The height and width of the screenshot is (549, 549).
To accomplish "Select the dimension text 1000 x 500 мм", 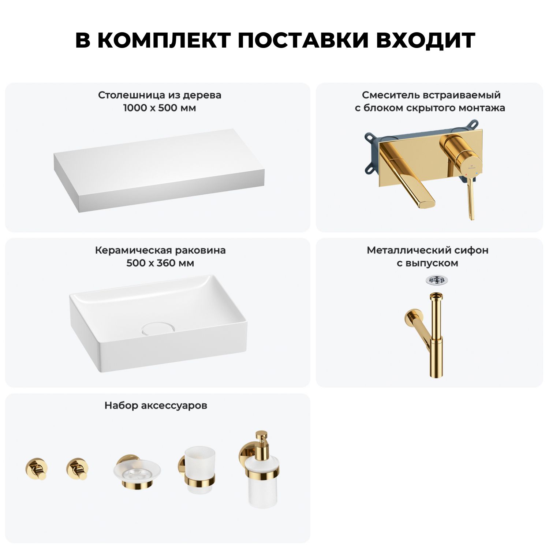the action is (x=160, y=108).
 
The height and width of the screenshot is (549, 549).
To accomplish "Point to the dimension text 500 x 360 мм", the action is (x=160, y=263).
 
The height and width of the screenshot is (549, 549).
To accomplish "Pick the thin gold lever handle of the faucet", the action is (x=470, y=199).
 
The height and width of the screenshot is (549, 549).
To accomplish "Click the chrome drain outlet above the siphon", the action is (x=436, y=280).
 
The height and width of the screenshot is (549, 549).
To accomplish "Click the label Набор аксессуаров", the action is (x=156, y=406).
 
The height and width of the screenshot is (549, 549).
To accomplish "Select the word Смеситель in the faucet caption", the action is (x=390, y=95).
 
